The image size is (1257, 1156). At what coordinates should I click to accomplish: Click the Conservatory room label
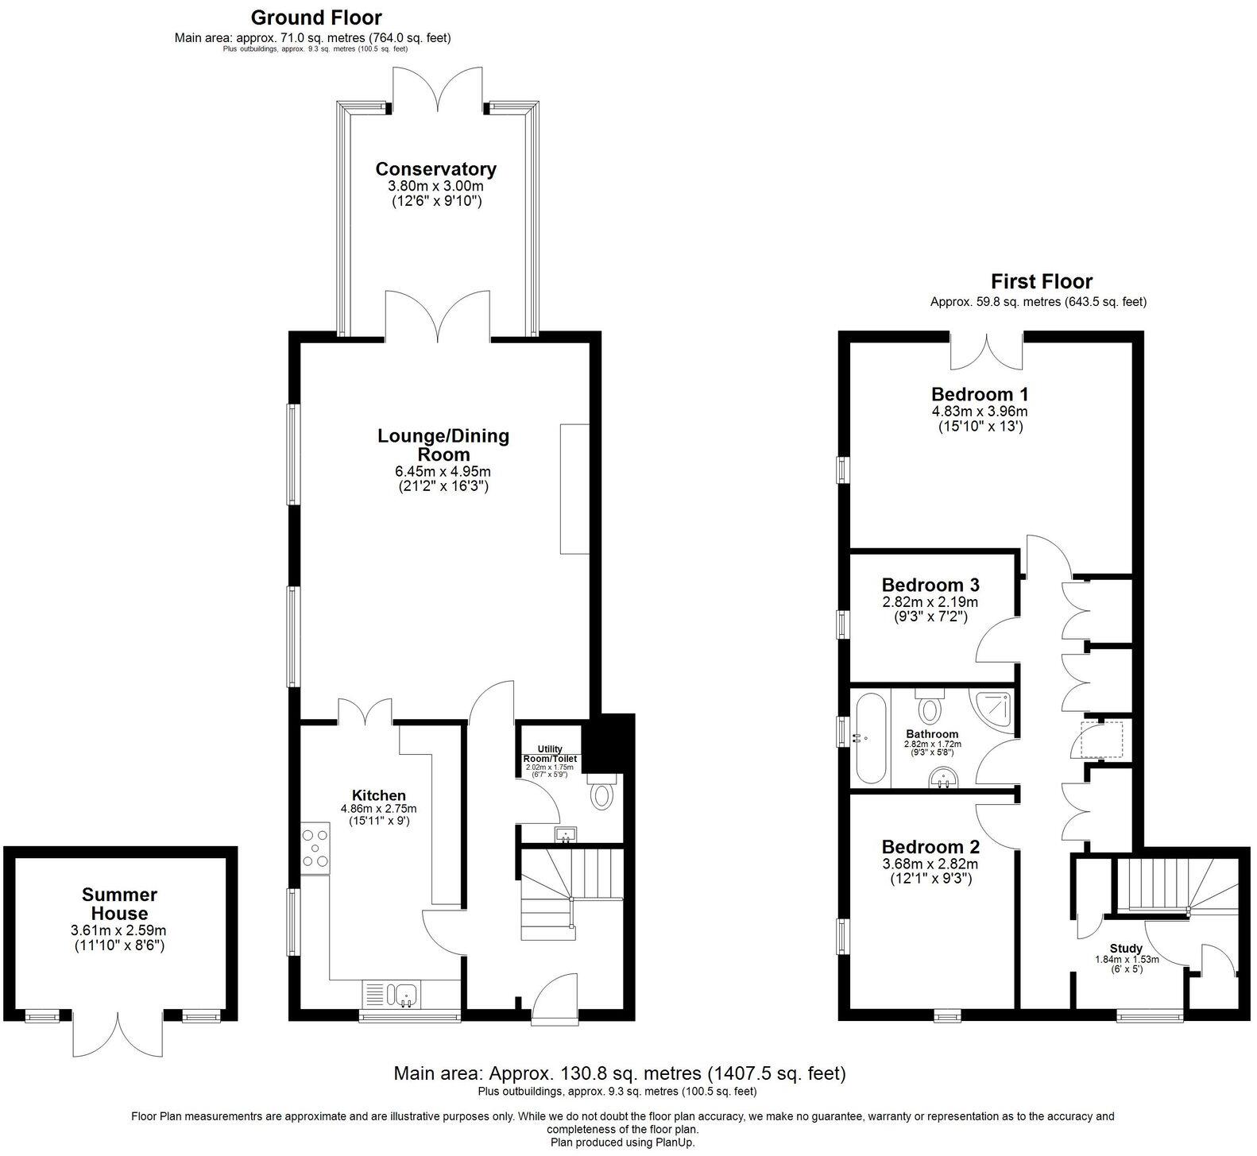pos(435,169)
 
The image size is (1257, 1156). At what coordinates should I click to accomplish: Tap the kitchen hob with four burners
pos(315,849)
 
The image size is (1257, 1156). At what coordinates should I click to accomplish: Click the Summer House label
pos(119,904)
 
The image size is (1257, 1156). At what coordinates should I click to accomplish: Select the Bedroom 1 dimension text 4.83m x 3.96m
pos(979,412)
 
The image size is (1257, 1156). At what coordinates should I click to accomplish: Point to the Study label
pos(1126,948)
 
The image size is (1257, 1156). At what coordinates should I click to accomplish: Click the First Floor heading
pos(1041,281)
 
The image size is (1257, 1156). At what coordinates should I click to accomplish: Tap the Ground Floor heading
pos(316,17)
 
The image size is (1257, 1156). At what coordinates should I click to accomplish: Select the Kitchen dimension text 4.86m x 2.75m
pos(379,809)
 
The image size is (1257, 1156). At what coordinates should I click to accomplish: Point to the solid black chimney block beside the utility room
pos(609,742)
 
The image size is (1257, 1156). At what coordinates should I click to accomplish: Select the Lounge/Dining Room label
pos(443,445)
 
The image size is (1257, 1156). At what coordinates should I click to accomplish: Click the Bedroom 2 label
pos(930,847)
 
